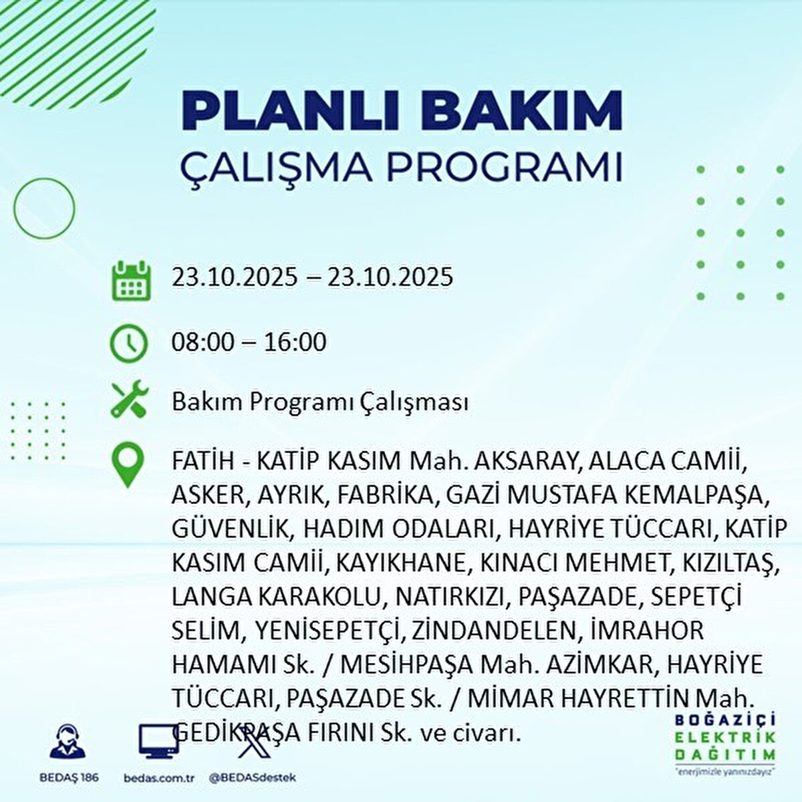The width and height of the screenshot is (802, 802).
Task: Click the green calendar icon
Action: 131,281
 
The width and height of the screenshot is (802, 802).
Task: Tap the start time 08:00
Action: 204,342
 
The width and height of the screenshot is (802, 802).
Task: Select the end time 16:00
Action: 295,342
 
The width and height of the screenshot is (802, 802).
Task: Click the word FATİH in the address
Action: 204,460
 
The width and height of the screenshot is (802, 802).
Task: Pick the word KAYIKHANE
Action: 402,563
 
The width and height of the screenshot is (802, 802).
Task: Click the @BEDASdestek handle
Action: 253,777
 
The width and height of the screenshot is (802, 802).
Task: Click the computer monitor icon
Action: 158,742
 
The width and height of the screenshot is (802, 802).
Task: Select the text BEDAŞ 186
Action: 69,777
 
